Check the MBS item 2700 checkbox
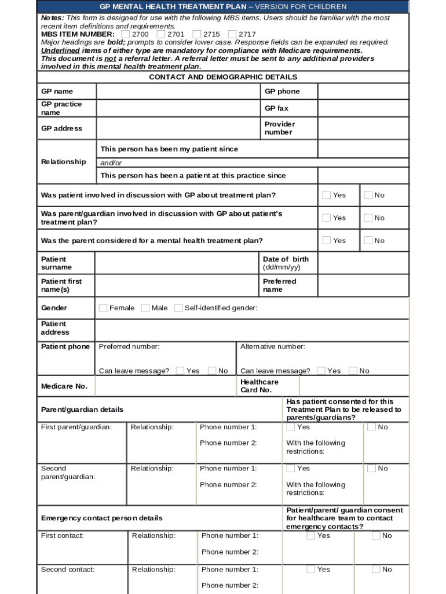(x=126, y=34)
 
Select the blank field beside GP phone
(x=363, y=92)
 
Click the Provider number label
(x=280, y=128)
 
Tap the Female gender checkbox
(x=103, y=308)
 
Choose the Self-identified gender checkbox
(x=178, y=308)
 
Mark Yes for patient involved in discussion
(x=327, y=195)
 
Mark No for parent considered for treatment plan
(x=368, y=240)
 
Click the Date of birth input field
(x=363, y=263)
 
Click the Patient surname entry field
(x=176, y=263)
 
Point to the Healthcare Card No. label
(x=259, y=386)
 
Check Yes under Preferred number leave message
(x=180, y=371)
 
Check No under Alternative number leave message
(x=353, y=371)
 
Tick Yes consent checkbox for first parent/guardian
(x=290, y=427)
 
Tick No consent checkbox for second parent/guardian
(x=371, y=468)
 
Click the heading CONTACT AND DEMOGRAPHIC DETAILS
(x=223, y=77)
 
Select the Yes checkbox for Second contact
(x=311, y=570)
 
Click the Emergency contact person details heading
(x=102, y=518)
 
